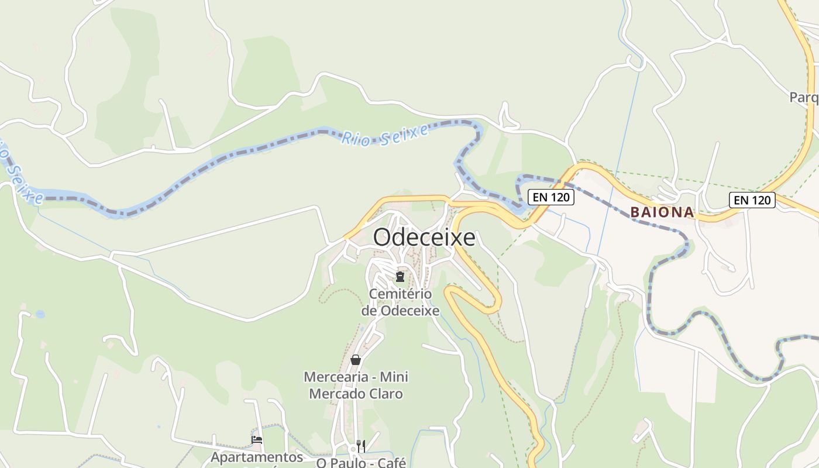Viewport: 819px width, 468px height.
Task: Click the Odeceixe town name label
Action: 424,238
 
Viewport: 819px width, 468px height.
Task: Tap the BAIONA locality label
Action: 662,212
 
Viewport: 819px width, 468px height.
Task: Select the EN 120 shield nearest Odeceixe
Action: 551,197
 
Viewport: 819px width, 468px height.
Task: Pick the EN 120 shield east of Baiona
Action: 752,200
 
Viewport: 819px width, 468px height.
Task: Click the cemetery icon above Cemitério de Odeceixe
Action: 400,276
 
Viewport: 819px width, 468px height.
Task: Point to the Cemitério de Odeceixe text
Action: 400,302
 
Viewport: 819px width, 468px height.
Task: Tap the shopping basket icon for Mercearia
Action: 356,360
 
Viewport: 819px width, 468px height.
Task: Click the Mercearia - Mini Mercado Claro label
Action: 356,385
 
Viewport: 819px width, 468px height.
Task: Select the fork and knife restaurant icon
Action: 361,446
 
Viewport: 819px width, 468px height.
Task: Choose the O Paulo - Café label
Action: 360,463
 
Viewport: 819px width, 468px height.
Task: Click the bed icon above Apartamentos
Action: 256,440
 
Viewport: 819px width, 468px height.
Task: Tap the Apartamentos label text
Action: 257,457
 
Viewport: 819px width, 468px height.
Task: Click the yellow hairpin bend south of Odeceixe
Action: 494,304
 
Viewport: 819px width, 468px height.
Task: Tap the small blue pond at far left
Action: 40,314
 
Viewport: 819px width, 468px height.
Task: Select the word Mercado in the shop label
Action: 335,394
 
